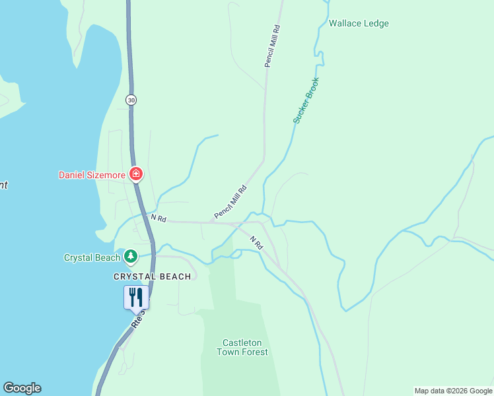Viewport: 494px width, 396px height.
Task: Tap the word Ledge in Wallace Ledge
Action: (376, 24)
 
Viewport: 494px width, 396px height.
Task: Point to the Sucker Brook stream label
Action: (306, 100)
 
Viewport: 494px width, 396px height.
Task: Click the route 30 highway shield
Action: (131, 100)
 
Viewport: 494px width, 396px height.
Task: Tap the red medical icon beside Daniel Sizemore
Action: (136, 174)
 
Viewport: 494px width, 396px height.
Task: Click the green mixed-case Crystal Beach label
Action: (92, 257)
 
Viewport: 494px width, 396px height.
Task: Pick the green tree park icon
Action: (131, 256)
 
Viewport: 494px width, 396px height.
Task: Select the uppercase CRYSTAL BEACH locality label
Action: (152, 277)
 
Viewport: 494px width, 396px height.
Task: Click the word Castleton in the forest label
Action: (242, 343)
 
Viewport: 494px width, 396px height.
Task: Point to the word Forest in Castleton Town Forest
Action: (254, 352)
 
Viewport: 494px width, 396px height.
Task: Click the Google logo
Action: (22, 388)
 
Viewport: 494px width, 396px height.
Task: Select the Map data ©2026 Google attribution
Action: (453, 391)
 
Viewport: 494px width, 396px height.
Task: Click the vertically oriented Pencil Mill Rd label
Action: (273, 46)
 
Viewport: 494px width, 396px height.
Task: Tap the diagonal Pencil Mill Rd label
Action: (230, 203)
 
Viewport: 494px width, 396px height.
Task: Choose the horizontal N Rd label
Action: (158, 217)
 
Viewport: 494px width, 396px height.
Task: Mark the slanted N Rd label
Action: (256, 242)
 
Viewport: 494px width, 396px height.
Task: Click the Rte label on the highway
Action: (137, 320)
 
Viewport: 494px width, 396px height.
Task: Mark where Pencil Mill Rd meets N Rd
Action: (210, 222)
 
